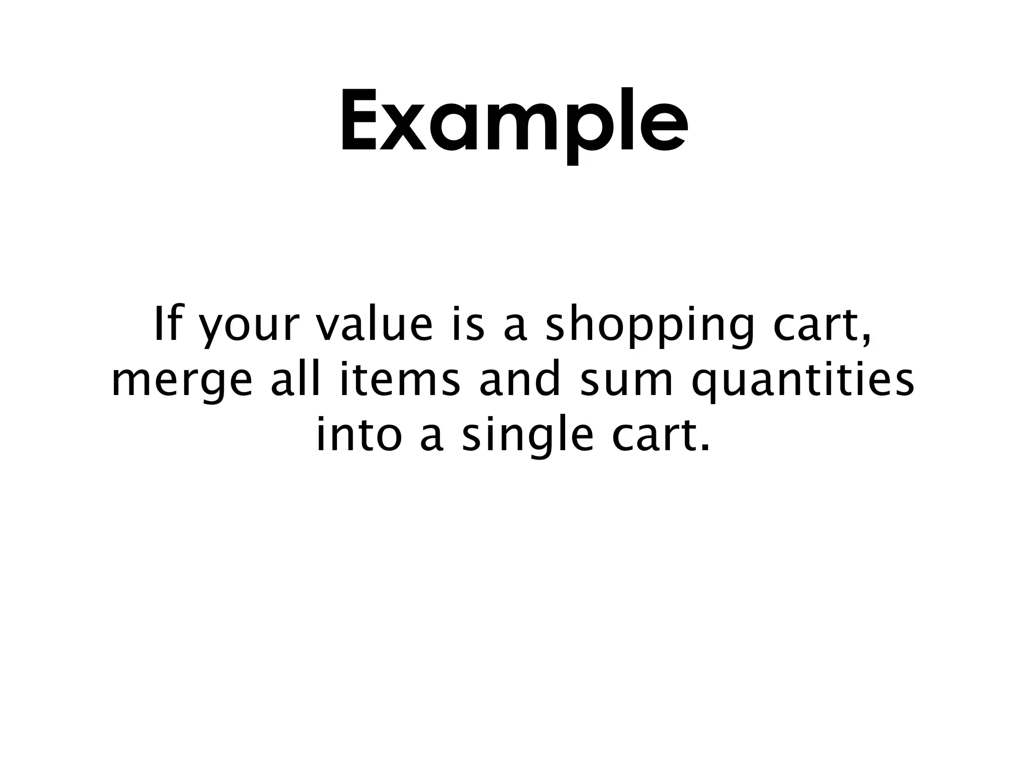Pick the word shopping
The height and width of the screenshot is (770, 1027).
pos(649,329)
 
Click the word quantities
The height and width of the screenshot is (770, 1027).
pos(802,384)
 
